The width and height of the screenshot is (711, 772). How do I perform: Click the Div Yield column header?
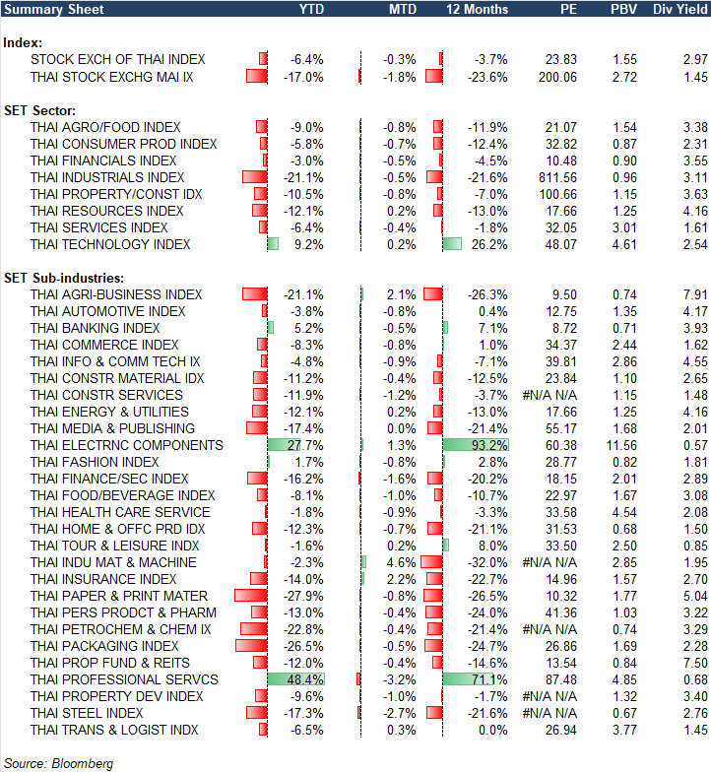coord(679,9)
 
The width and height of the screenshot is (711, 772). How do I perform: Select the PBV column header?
coord(623,9)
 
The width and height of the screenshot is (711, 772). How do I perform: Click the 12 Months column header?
coord(478,9)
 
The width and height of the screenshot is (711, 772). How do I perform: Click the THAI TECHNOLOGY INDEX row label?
coord(110,244)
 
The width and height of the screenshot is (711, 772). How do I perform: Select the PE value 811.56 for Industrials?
coord(557,177)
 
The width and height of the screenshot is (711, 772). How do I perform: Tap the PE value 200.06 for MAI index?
coord(557,76)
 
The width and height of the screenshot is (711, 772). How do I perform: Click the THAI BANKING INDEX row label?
coord(95,328)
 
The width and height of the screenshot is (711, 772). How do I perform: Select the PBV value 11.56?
coord(622,445)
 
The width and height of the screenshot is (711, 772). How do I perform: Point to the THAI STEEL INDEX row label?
coord(87,713)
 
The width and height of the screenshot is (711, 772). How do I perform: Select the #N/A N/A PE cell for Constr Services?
coord(549,395)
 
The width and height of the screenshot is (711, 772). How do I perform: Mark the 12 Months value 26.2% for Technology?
coord(489,244)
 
